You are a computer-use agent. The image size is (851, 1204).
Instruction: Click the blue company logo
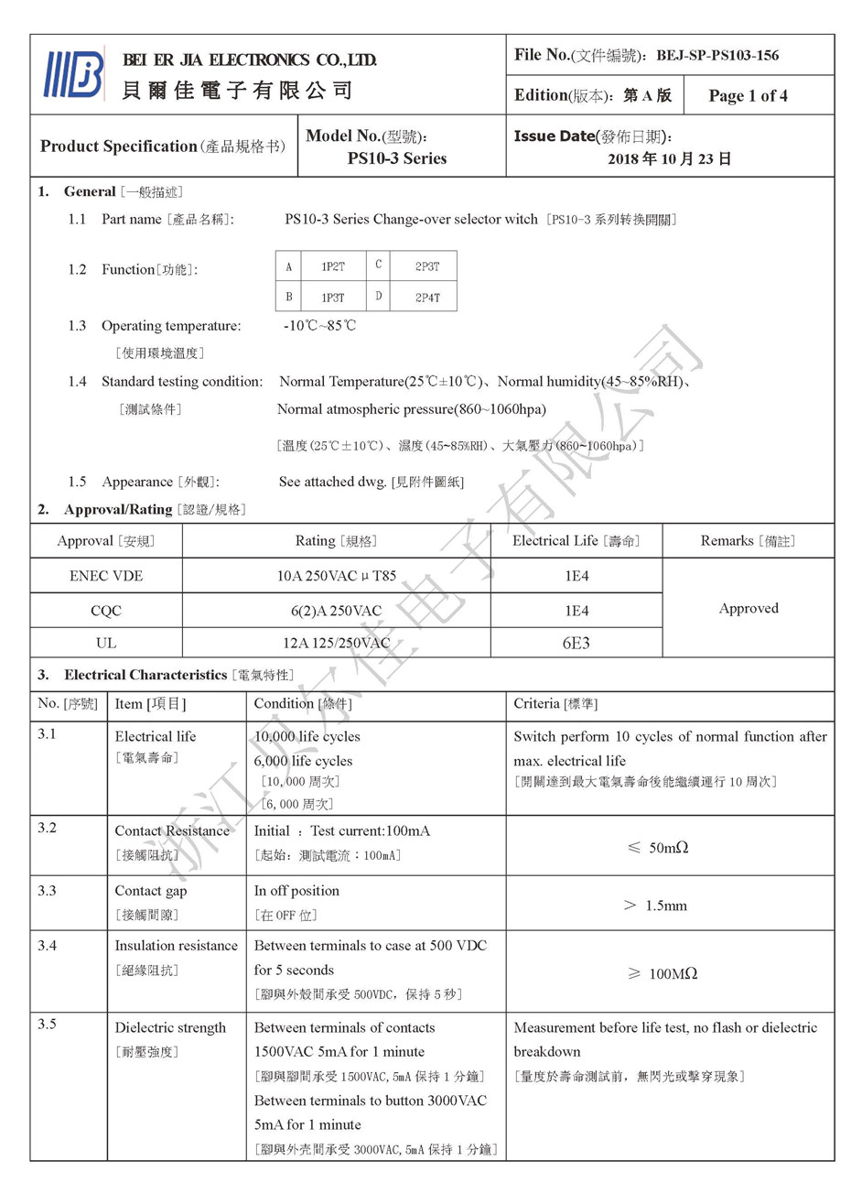point(73,74)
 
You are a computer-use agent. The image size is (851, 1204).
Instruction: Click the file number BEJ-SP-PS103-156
point(717,56)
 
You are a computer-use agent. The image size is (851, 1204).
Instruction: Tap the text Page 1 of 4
point(748,96)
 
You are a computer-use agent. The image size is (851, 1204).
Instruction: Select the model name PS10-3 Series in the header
point(397,158)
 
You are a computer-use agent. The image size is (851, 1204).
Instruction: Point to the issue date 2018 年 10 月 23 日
point(670,159)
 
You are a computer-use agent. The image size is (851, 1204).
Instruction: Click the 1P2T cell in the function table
point(333,266)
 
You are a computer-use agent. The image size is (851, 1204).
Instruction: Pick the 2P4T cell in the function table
point(427,298)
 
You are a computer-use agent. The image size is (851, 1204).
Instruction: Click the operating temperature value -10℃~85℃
point(319,326)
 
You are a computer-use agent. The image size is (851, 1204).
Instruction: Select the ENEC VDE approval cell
point(106,576)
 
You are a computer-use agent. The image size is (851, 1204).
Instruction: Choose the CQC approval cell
point(106,611)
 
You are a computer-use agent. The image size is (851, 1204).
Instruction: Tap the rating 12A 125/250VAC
point(336,643)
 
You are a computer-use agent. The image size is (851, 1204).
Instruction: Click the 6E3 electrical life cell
point(576,643)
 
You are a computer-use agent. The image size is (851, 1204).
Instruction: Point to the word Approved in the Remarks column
point(749,608)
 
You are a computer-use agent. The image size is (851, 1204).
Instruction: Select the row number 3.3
point(47,890)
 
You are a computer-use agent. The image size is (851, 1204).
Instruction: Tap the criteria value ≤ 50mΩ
point(658,848)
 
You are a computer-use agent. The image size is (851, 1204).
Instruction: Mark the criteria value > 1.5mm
point(655,906)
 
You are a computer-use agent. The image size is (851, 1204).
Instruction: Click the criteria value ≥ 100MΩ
point(662,973)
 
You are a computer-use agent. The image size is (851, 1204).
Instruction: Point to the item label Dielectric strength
point(170,1027)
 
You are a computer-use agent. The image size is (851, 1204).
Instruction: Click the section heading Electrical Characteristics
point(145,675)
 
